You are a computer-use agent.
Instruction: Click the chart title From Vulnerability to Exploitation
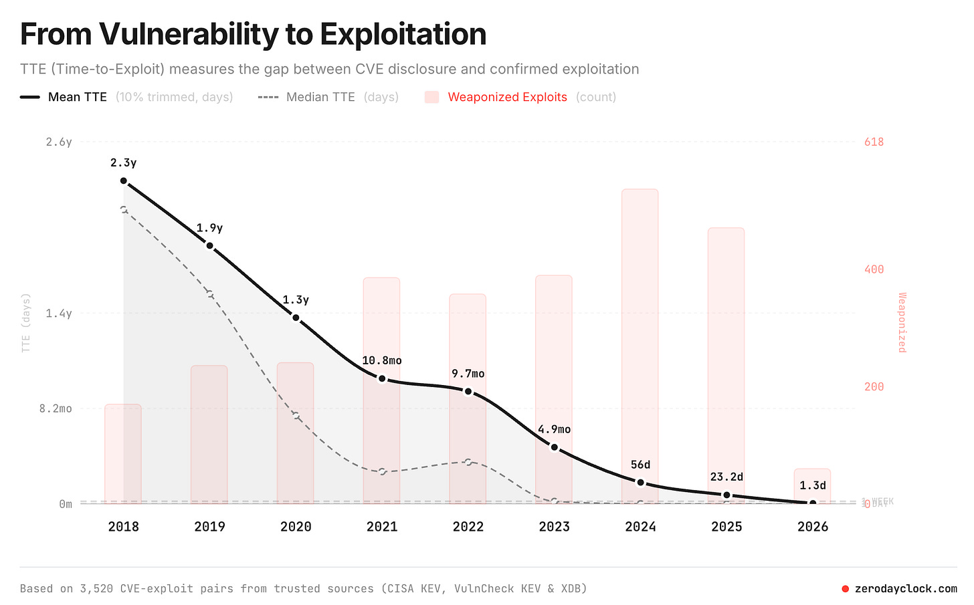(253, 34)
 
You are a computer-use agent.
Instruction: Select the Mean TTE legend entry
(77, 97)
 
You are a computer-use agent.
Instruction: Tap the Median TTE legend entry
(320, 97)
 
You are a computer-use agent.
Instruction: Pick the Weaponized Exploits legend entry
(507, 97)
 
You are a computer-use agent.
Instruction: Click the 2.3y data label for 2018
(124, 162)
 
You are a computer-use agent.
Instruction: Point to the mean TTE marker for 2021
(382, 378)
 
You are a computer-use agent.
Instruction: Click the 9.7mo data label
(468, 374)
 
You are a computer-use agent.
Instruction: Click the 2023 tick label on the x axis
(555, 527)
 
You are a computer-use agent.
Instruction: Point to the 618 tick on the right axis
(874, 142)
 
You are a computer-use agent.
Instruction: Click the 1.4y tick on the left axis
(59, 313)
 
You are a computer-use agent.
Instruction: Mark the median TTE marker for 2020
(296, 416)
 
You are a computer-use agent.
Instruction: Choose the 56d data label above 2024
(640, 465)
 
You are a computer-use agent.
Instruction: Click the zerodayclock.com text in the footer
(906, 589)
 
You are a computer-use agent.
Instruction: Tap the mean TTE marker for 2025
(726, 495)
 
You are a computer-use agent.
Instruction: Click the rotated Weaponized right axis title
(902, 322)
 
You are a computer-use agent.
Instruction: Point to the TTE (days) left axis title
(26, 322)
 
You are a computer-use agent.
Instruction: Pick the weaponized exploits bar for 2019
(209, 435)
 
